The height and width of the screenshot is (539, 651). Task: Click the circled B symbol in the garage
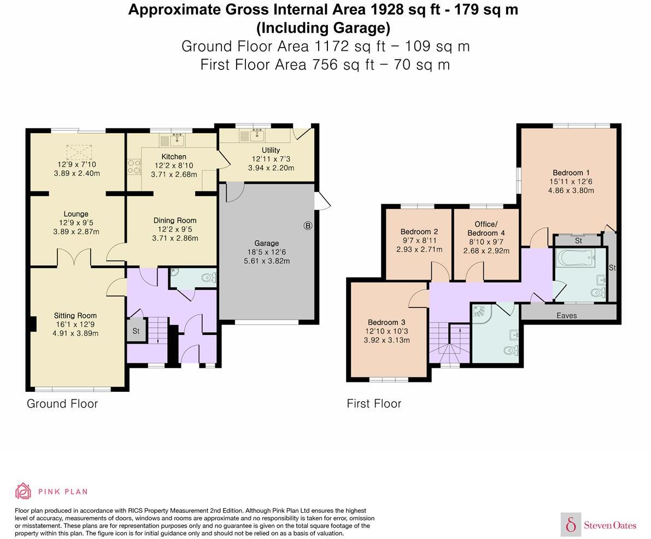(308, 225)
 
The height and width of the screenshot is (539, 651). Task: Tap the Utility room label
(271, 150)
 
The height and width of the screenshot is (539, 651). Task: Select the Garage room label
(267, 243)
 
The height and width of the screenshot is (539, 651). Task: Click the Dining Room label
(175, 221)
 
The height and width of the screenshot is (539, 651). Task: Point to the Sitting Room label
(75, 315)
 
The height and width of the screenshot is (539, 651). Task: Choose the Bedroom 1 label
(571, 172)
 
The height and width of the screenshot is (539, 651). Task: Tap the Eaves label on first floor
(567, 315)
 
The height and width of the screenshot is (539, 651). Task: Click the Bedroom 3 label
(386, 322)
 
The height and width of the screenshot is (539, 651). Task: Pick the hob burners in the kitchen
(134, 167)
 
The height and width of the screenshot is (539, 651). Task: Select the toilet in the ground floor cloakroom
(208, 277)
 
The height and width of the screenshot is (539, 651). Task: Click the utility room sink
(257, 136)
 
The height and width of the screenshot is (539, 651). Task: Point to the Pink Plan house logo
(23, 491)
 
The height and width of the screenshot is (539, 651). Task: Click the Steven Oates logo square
(571, 524)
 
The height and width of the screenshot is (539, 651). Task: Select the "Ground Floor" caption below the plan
(62, 403)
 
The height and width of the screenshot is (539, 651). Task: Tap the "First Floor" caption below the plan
(374, 403)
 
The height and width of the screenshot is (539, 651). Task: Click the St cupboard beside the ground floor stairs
(136, 331)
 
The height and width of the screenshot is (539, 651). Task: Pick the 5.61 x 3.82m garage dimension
(267, 261)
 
